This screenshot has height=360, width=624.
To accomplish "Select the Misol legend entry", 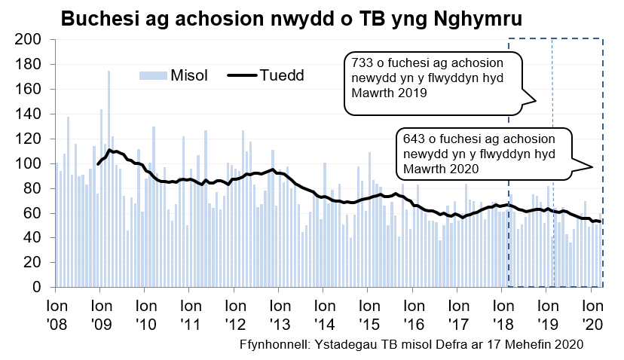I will [x=173, y=75].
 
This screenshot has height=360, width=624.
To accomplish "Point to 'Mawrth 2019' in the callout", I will [x=384, y=93].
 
